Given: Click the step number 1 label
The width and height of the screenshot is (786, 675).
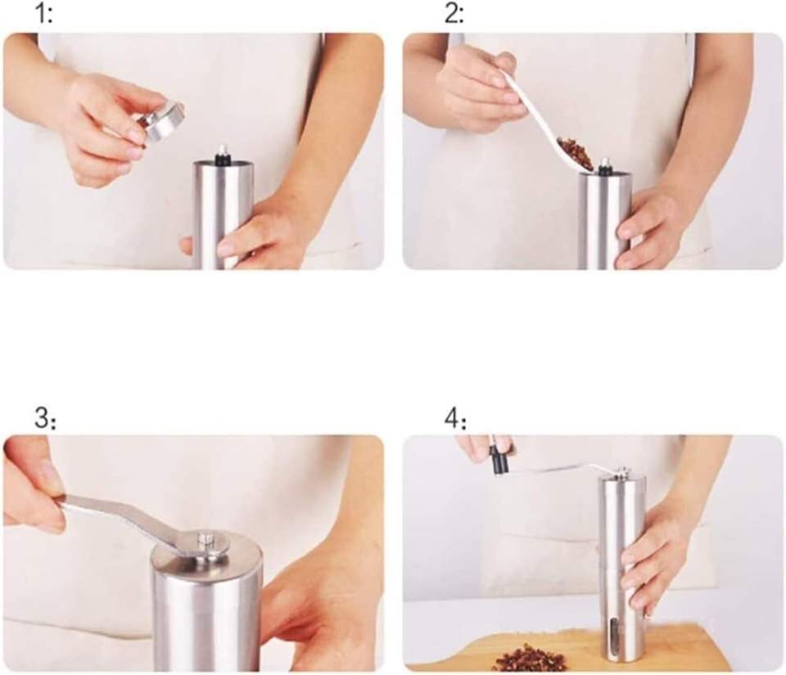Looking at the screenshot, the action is pos(43,14).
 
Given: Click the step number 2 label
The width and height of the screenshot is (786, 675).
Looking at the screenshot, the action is pos(454,14).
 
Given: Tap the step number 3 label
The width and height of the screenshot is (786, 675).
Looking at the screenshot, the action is pos(45,418).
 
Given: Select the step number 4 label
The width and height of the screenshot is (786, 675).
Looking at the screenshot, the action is pos(455,419).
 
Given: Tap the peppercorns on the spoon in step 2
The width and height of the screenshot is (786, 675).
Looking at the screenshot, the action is pos(576,152).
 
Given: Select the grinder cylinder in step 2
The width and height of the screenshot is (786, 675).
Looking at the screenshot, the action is pos(604,220).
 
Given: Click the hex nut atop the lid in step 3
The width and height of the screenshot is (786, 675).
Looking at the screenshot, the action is pos(207,541).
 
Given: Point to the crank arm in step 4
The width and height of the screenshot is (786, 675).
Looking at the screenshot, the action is pos(562,469).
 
